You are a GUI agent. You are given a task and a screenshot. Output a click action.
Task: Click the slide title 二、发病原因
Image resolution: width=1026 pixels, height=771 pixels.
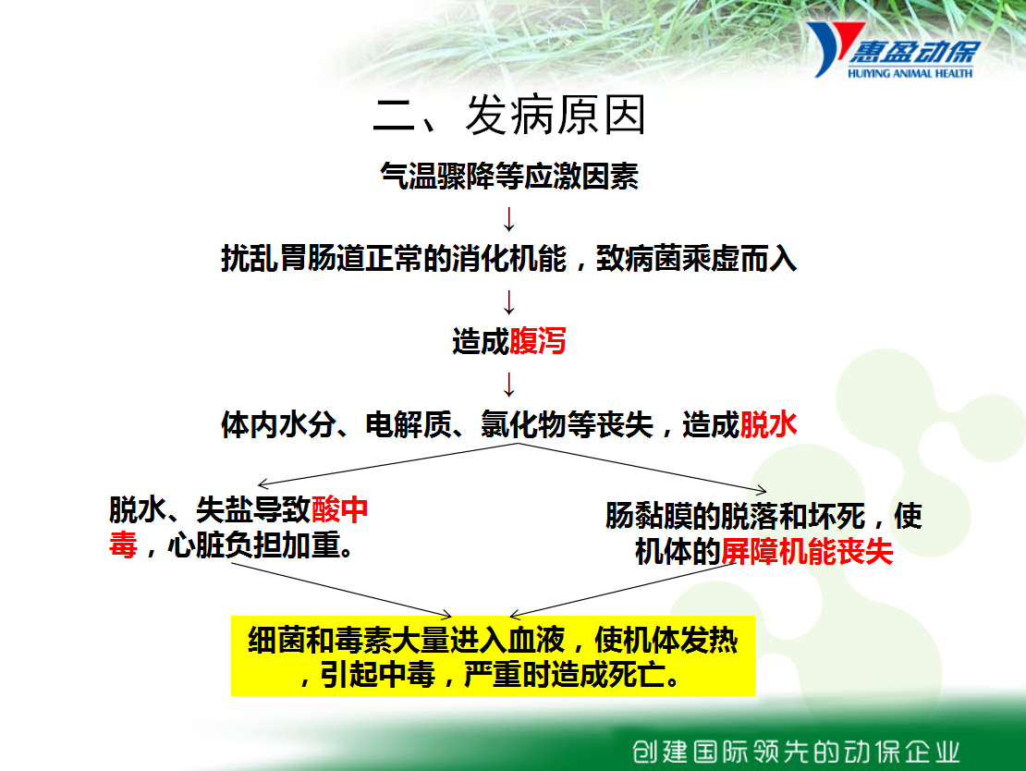pyautogui.click(x=509, y=116)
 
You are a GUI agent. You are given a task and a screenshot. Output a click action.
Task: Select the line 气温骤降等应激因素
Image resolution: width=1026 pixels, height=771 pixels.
pyautogui.click(x=509, y=176)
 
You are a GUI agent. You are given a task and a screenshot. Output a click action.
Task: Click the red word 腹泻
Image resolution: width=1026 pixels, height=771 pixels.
pyautogui.click(x=537, y=341)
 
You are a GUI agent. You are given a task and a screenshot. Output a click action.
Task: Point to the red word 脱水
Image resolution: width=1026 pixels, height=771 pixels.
pyautogui.click(x=768, y=424)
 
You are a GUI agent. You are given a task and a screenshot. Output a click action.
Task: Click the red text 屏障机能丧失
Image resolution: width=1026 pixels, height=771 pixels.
pyautogui.click(x=807, y=551)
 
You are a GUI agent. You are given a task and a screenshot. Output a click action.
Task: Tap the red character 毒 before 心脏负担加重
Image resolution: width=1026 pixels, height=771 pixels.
pyautogui.click(x=123, y=545)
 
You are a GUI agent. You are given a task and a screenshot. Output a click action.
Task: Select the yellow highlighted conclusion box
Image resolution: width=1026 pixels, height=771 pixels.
pyautogui.click(x=493, y=655)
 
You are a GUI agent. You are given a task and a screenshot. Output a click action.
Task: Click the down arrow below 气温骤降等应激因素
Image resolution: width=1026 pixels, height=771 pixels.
pyautogui.click(x=509, y=219)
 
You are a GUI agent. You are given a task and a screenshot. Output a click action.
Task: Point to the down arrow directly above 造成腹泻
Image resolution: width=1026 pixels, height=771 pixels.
pyautogui.click(x=509, y=302)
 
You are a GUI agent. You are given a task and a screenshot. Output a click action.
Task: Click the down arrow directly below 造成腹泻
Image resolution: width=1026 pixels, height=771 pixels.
pyautogui.click(x=509, y=385)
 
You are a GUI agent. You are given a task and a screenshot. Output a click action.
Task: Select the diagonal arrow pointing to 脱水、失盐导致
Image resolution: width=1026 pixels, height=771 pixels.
pyautogui.click(x=387, y=464)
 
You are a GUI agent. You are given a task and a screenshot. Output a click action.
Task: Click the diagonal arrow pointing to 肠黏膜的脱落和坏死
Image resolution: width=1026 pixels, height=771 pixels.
pyautogui.click(x=641, y=467)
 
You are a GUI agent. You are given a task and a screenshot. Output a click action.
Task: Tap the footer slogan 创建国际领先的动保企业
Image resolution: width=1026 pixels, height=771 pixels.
pyautogui.click(x=796, y=752)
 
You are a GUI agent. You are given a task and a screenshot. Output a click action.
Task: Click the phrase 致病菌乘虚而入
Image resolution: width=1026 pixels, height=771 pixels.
pyautogui.click(x=696, y=259)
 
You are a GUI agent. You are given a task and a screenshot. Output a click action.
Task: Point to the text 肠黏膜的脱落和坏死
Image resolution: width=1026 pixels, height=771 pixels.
pyautogui.click(x=735, y=516)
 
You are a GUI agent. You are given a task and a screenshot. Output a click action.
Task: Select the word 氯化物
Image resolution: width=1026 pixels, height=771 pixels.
pyautogui.click(x=523, y=424)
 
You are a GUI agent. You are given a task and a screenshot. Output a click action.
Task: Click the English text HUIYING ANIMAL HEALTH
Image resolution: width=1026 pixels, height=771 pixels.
pyautogui.click(x=910, y=73)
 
